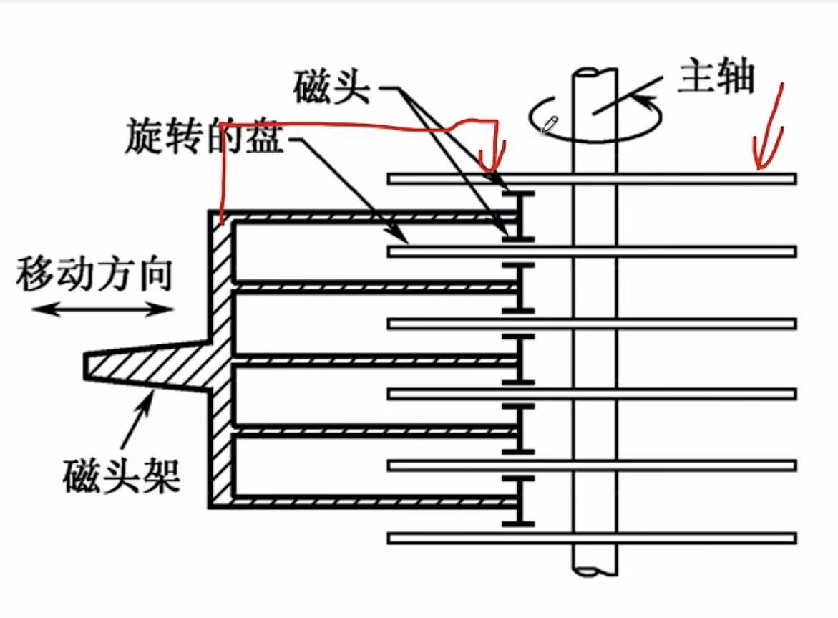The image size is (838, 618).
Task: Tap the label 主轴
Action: tap(716, 77)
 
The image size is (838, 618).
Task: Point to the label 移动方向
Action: tap(94, 273)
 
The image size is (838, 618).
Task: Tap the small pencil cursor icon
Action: tap(549, 124)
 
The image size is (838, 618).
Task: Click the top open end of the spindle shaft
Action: tap(595, 72)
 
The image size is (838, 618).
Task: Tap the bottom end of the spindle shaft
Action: tap(595, 571)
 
